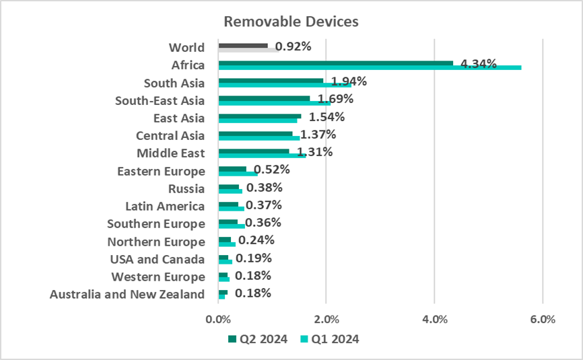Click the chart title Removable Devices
tap(291, 22)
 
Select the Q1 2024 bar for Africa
tap(370, 67)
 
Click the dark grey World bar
tap(243, 45)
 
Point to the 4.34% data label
tap(479, 65)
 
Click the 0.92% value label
tap(293, 47)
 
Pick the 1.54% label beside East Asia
tap(327, 117)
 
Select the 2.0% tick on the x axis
tap(327, 319)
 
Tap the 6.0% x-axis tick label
tap(543, 319)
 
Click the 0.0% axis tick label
tap(219, 319)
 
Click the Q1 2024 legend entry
tap(329, 338)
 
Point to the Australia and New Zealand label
tap(127, 294)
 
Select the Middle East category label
tap(170, 153)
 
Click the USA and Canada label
tap(157, 259)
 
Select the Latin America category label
tap(165, 206)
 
